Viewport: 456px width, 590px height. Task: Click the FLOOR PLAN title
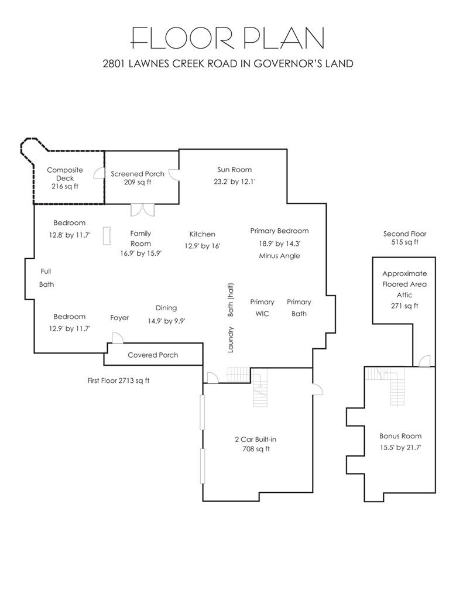tap(227, 38)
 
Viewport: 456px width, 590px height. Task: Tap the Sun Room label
tap(234, 170)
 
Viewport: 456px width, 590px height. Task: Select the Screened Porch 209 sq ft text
tap(138, 178)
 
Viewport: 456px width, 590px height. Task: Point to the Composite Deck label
tap(65, 174)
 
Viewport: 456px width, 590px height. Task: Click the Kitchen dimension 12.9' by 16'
tap(202, 246)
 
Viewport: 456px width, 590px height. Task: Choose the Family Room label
tap(140, 239)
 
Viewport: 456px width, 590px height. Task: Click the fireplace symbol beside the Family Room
tap(107, 236)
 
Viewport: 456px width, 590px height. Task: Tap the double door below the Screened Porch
tap(143, 210)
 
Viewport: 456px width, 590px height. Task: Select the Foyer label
tap(119, 318)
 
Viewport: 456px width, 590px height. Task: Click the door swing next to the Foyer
tap(118, 338)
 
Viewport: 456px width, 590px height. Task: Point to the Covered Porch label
tap(153, 355)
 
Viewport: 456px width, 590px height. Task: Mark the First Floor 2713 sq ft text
tap(118, 380)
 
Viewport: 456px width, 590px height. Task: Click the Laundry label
tap(231, 339)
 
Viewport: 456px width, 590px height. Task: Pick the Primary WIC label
tap(262, 308)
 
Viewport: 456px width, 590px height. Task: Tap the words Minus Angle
tap(279, 256)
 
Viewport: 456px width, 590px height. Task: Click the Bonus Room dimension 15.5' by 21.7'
tap(400, 448)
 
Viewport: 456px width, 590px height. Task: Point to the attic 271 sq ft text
tap(404, 306)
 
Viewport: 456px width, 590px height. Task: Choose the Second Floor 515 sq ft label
tap(405, 238)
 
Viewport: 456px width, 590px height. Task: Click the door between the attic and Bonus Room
tap(425, 361)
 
